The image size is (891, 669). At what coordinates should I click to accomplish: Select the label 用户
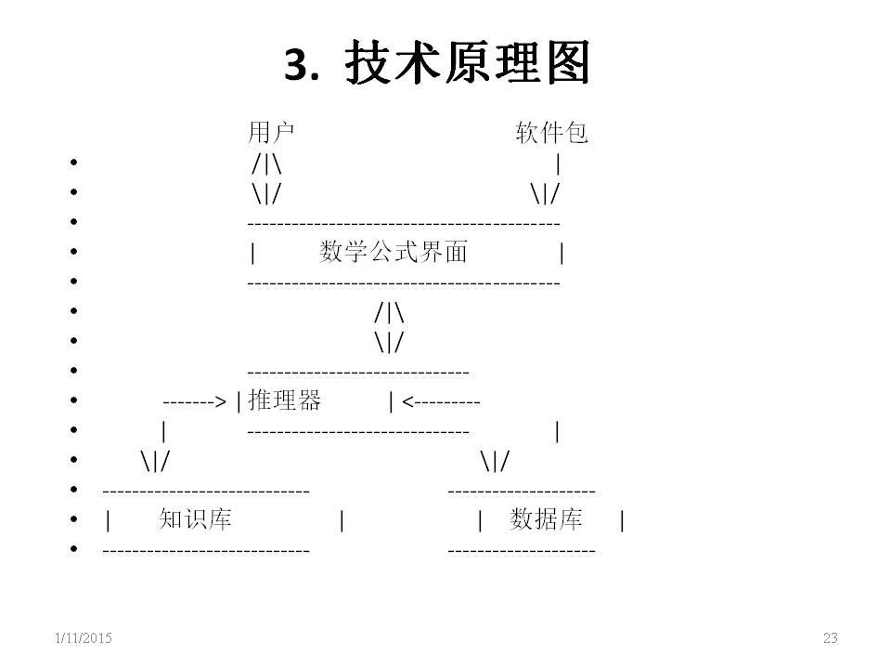(271, 134)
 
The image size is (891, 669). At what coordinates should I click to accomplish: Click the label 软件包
(551, 134)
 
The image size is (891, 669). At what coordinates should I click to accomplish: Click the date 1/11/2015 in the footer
(83, 637)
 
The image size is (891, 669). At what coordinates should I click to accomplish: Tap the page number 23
(830, 637)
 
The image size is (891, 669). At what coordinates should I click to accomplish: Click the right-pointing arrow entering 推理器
(194, 402)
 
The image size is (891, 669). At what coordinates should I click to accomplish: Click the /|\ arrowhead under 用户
(266, 164)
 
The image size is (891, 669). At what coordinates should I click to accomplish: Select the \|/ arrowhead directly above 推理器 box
(390, 343)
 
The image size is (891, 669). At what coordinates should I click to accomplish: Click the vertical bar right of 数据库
(622, 521)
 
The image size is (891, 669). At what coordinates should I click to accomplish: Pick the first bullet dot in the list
(72, 164)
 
